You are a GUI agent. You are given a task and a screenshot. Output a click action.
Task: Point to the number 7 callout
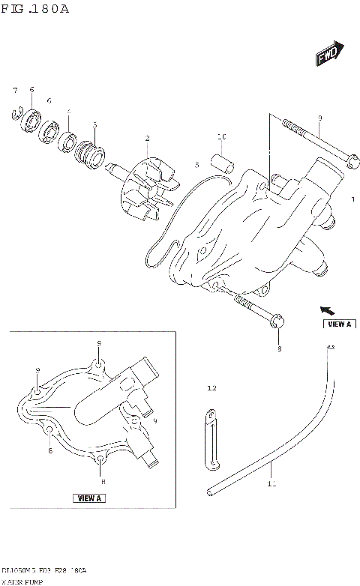click(x=14, y=91)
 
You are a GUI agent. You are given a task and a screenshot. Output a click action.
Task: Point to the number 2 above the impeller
click(x=147, y=139)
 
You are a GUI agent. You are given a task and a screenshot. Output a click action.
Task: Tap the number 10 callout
click(x=221, y=137)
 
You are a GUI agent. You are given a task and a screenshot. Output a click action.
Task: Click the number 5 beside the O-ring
click(x=196, y=164)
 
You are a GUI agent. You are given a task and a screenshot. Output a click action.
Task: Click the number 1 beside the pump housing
click(x=352, y=200)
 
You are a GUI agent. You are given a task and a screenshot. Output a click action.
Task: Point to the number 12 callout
click(x=211, y=388)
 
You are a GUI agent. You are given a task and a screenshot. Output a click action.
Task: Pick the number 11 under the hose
click(x=271, y=484)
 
